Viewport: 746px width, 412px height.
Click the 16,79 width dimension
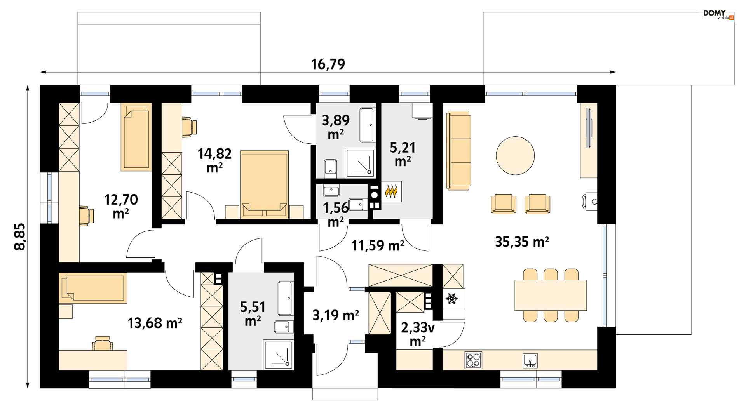328,64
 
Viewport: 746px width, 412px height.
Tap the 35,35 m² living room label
522,242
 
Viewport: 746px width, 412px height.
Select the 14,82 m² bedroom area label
214,160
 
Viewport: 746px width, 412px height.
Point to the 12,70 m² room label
121,206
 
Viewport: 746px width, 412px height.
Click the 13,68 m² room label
155,323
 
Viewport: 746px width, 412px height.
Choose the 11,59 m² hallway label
378,245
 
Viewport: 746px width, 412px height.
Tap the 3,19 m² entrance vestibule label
336,315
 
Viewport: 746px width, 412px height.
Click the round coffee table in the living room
515,156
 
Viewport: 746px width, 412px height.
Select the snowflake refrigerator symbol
451,299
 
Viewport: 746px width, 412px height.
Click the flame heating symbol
391,191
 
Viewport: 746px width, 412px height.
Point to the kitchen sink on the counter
530,360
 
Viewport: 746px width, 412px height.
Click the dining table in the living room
551,295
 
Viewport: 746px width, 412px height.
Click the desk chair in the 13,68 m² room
103,343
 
